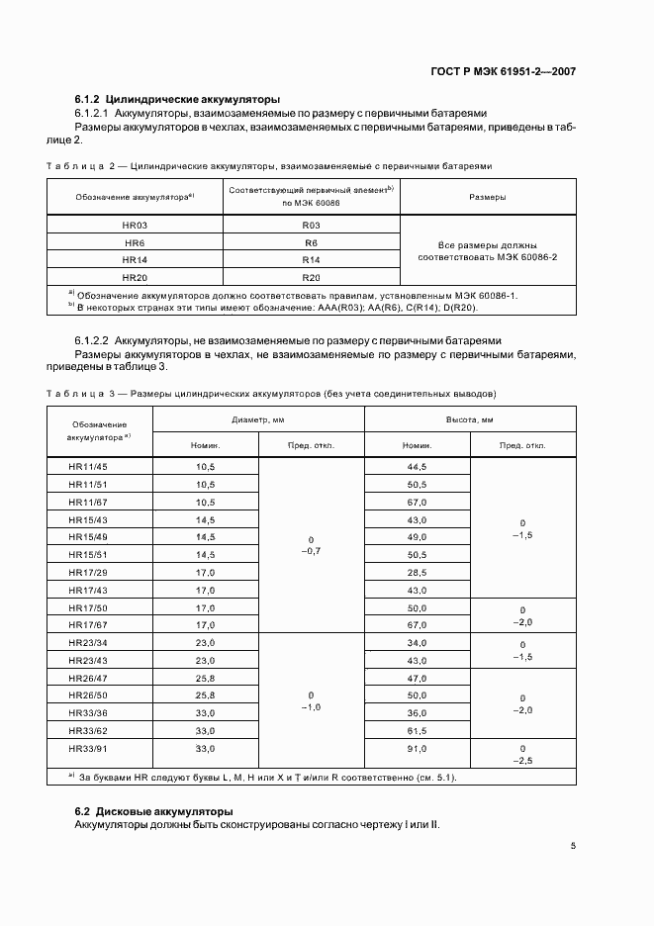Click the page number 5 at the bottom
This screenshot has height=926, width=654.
pos(574,846)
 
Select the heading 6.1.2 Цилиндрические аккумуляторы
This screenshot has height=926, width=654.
pos(178,99)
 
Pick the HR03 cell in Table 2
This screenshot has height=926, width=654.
pos(136,226)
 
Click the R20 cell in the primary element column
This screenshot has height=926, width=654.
pos(311,277)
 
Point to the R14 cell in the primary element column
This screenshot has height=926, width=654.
pos(311,260)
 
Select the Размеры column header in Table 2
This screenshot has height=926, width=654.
pos(487,197)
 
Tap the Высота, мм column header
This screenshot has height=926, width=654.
pos(469,419)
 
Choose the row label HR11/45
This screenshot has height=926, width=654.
pos(88,466)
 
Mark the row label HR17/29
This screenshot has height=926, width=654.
pos(88,573)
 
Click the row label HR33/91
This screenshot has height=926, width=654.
pos(88,749)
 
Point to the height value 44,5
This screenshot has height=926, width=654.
pos(417,466)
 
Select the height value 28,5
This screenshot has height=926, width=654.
pos(417,573)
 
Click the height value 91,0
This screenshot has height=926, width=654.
pos(417,749)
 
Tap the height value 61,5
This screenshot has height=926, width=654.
pos(417,730)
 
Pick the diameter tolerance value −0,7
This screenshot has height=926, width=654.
pos(311,550)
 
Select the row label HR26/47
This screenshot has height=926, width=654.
pos(88,679)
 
